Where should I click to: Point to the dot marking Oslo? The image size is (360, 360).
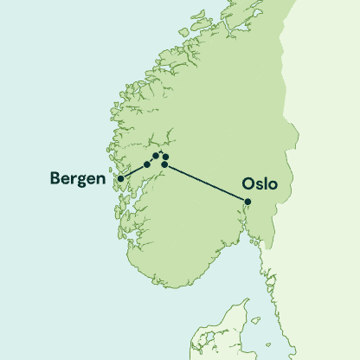(247, 202)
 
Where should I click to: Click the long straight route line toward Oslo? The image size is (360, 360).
(208, 183)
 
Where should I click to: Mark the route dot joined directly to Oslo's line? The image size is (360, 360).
(164, 164)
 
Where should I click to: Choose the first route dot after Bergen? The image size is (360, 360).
(147, 164)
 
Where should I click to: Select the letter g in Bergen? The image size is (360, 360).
(82, 181)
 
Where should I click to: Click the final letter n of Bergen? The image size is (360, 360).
(100, 180)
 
